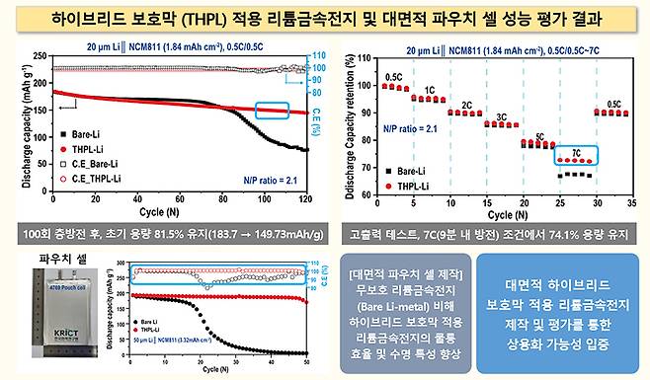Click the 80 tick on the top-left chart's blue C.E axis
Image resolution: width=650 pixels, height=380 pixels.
(x=319, y=94)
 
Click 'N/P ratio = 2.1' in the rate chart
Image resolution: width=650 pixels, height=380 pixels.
(x=412, y=128)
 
